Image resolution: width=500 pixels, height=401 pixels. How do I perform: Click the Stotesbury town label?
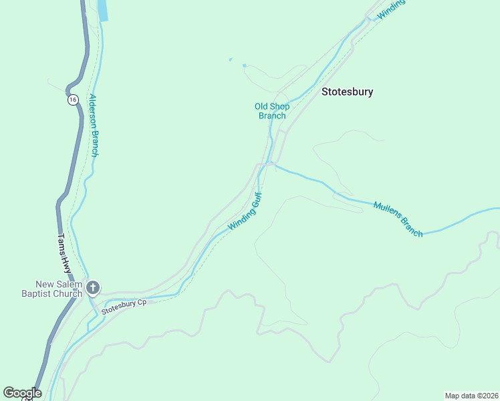(x=347, y=92)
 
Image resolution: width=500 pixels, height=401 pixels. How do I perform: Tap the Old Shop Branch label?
(x=271, y=110)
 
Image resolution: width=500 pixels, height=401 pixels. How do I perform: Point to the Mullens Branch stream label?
(x=398, y=219)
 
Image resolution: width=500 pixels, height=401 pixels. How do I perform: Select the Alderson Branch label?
(x=94, y=125)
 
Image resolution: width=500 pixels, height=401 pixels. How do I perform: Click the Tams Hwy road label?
(x=64, y=253)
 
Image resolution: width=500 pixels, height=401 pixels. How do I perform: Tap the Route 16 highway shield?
(x=72, y=100)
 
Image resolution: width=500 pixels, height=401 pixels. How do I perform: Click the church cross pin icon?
(x=93, y=288)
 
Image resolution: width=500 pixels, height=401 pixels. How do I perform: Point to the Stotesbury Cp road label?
(x=124, y=307)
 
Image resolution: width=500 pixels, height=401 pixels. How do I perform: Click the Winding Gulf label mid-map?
(x=245, y=212)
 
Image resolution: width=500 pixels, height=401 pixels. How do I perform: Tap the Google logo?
(x=22, y=393)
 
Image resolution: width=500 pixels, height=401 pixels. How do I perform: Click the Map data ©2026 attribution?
(x=471, y=395)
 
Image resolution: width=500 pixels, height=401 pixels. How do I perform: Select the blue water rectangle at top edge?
(x=103, y=10)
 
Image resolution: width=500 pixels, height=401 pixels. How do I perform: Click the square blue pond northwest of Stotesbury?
(x=244, y=65)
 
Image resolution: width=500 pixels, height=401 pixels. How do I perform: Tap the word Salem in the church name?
(x=69, y=285)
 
